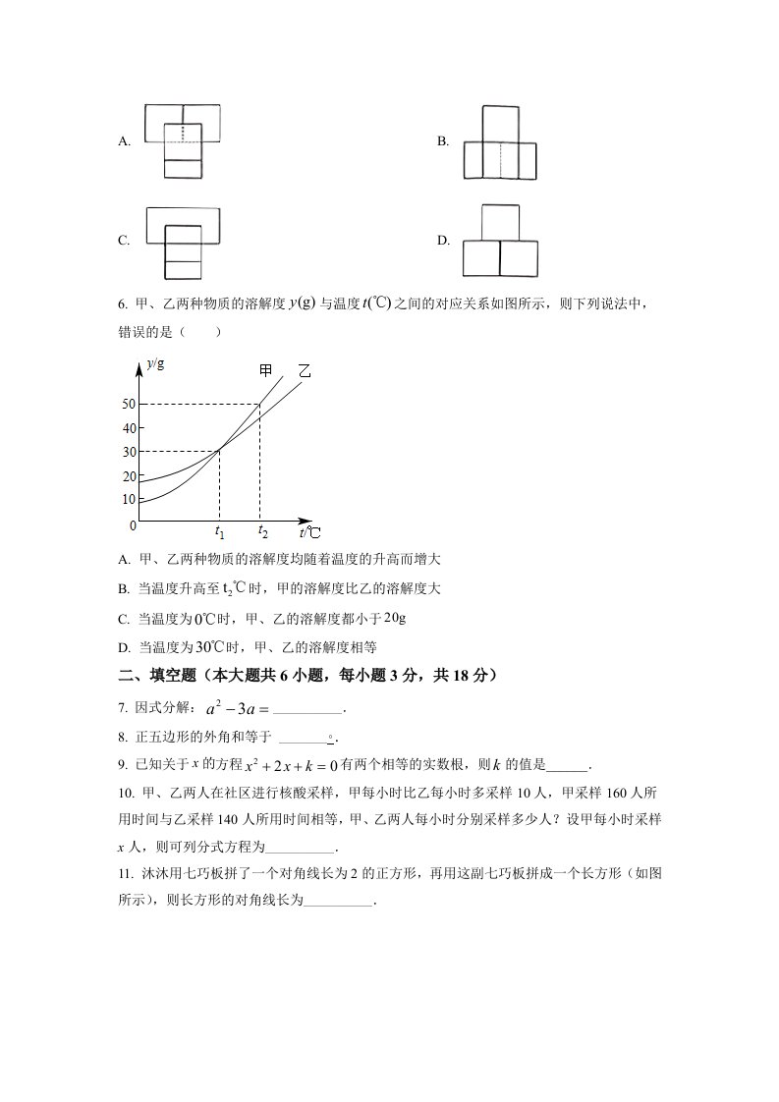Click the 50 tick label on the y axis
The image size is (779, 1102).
click(x=128, y=405)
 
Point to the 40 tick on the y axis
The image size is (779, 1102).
click(x=128, y=428)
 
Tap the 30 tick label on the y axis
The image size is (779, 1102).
click(x=128, y=452)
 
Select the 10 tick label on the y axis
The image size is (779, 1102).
click(x=128, y=499)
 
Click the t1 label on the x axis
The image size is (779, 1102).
click(x=220, y=532)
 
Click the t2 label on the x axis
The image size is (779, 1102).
click(x=262, y=532)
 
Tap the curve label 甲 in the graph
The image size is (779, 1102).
click(x=265, y=370)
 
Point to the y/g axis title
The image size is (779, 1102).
click(x=155, y=364)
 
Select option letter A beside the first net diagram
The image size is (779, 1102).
click(x=124, y=141)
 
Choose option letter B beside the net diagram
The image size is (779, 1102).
click(x=443, y=141)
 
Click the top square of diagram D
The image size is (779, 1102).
click(x=500, y=222)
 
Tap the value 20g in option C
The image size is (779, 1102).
click(x=394, y=618)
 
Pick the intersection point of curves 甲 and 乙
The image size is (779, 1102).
click(x=220, y=450)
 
